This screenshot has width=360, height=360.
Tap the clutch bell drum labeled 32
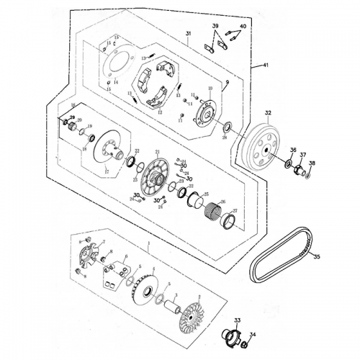click(265, 148)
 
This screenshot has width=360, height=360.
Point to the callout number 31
click(188, 35)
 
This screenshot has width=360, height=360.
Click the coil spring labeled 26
click(214, 210)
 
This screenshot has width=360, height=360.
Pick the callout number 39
click(215, 27)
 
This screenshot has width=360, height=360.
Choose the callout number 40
click(243, 27)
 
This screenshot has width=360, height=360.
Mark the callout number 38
click(312, 163)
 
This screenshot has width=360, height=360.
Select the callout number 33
click(238, 319)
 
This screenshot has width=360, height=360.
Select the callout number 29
click(72, 117)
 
